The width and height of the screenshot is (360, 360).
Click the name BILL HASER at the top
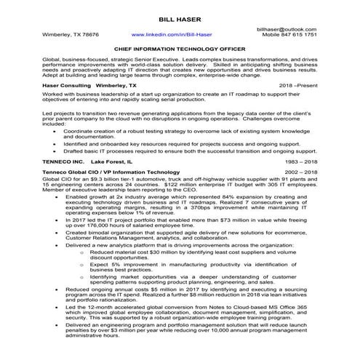[x=180, y=17]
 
